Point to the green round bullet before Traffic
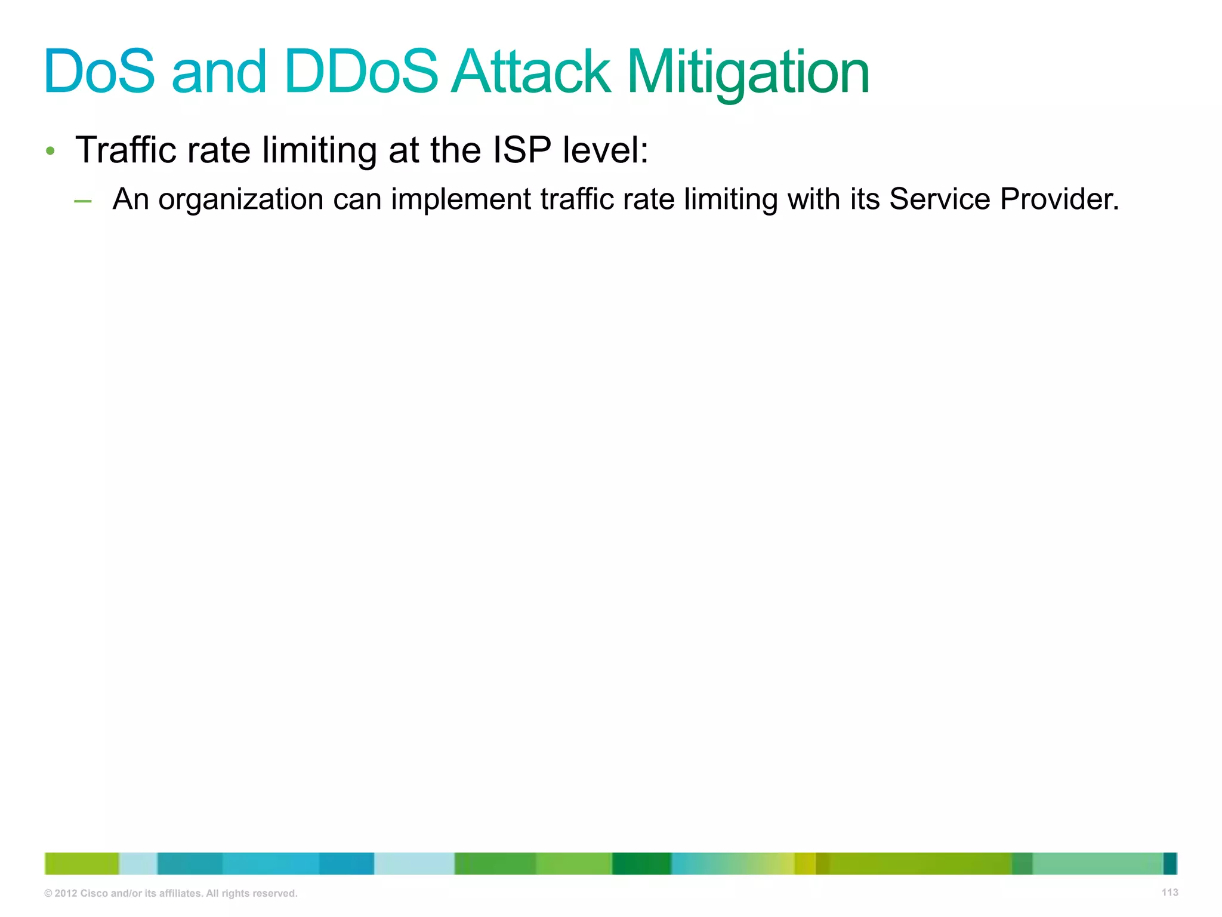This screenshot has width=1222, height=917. click(51, 151)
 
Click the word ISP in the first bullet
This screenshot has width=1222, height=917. click(521, 150)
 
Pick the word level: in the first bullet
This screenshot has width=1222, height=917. click(605, 150)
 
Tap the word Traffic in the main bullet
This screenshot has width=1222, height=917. click(126, 150)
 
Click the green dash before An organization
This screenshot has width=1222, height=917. click(83, 202)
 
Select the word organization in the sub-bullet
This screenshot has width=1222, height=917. click(240, 199)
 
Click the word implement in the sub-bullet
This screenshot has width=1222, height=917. click(461, 199)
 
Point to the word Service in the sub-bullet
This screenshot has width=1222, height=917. click(939, 199)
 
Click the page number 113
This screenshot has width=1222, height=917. click(1169, 892)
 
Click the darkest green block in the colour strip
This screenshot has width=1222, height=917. click(641, 863)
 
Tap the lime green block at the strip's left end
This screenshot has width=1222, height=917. click(82, 863)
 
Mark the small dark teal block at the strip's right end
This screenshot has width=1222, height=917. click(1169, 863)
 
